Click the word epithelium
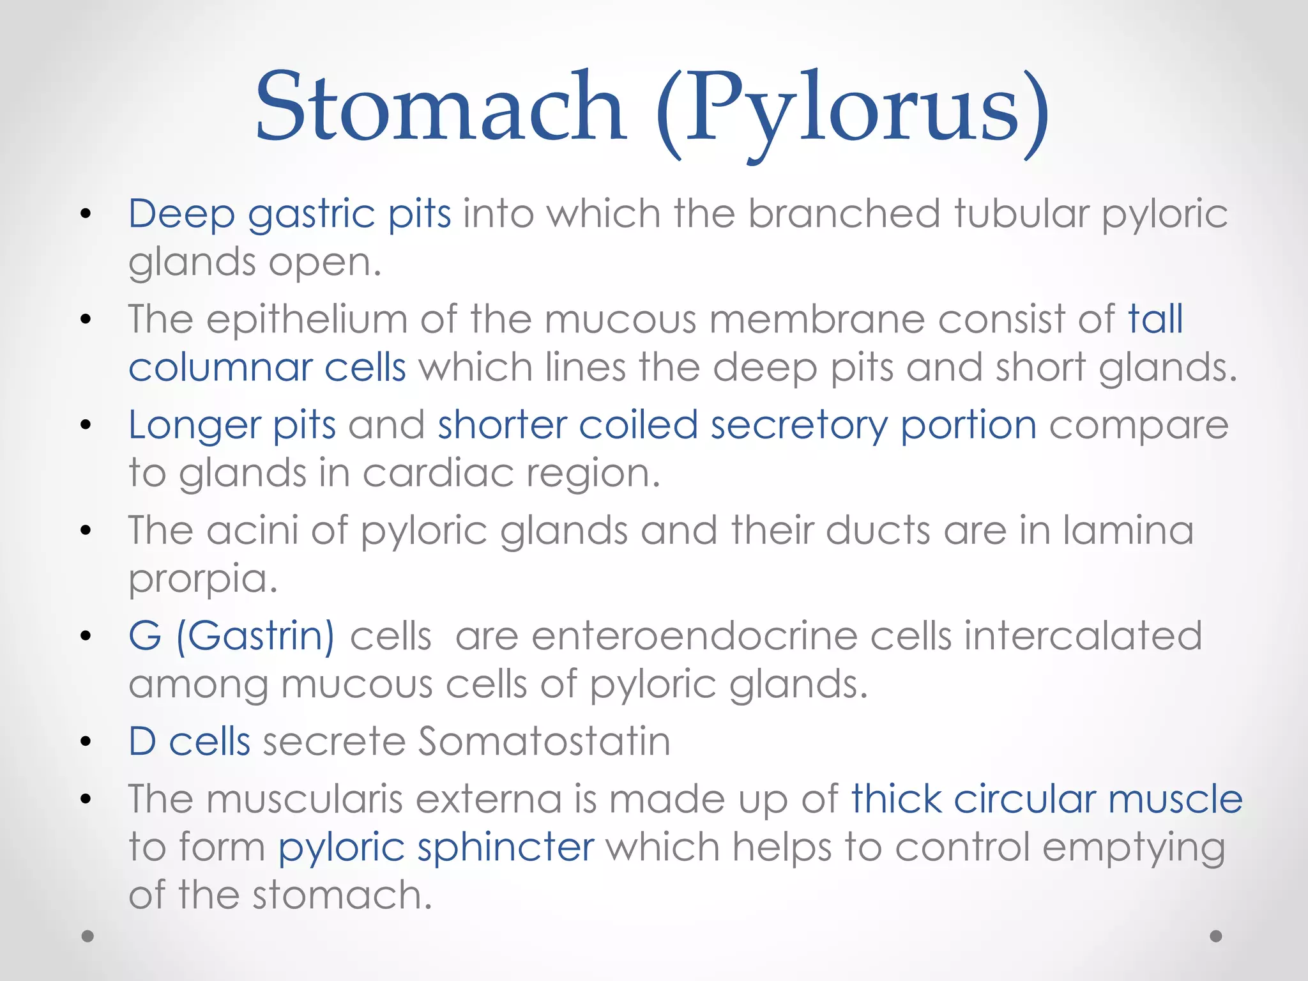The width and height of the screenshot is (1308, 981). tap(307, 320)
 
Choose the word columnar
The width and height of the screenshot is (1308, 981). tap(220, 367)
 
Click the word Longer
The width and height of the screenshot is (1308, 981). tap(195, 426)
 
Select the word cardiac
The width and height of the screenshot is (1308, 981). tap(438, 474)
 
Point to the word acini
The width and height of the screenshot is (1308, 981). tap(252, 530)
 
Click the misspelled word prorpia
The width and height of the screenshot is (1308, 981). tap(202, 580)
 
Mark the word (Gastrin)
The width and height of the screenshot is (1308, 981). tap(255, 637)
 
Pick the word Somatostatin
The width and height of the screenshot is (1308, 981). tap(544, 742)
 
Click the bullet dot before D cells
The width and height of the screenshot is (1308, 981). tap(87, 742)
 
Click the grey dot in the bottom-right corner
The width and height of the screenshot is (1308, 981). tap(1216, 936)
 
